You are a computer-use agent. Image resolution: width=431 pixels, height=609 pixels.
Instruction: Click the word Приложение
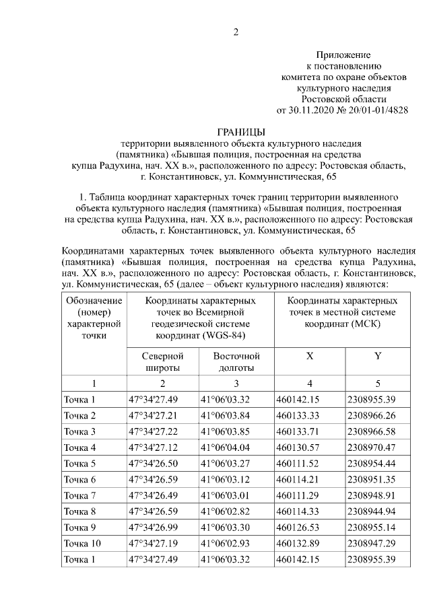343,55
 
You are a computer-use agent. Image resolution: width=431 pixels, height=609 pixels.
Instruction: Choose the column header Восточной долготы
236,361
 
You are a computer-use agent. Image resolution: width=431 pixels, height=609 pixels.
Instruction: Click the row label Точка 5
80,464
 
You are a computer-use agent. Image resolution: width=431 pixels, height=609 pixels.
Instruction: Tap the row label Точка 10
82,544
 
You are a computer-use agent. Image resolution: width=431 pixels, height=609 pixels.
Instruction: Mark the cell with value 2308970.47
370,447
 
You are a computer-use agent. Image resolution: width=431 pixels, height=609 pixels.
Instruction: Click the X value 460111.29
298,496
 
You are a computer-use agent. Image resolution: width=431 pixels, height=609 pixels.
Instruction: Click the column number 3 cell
236,384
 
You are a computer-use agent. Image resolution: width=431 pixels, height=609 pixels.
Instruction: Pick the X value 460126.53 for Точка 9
298,528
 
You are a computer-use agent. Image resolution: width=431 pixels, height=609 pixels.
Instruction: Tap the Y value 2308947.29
370,544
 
